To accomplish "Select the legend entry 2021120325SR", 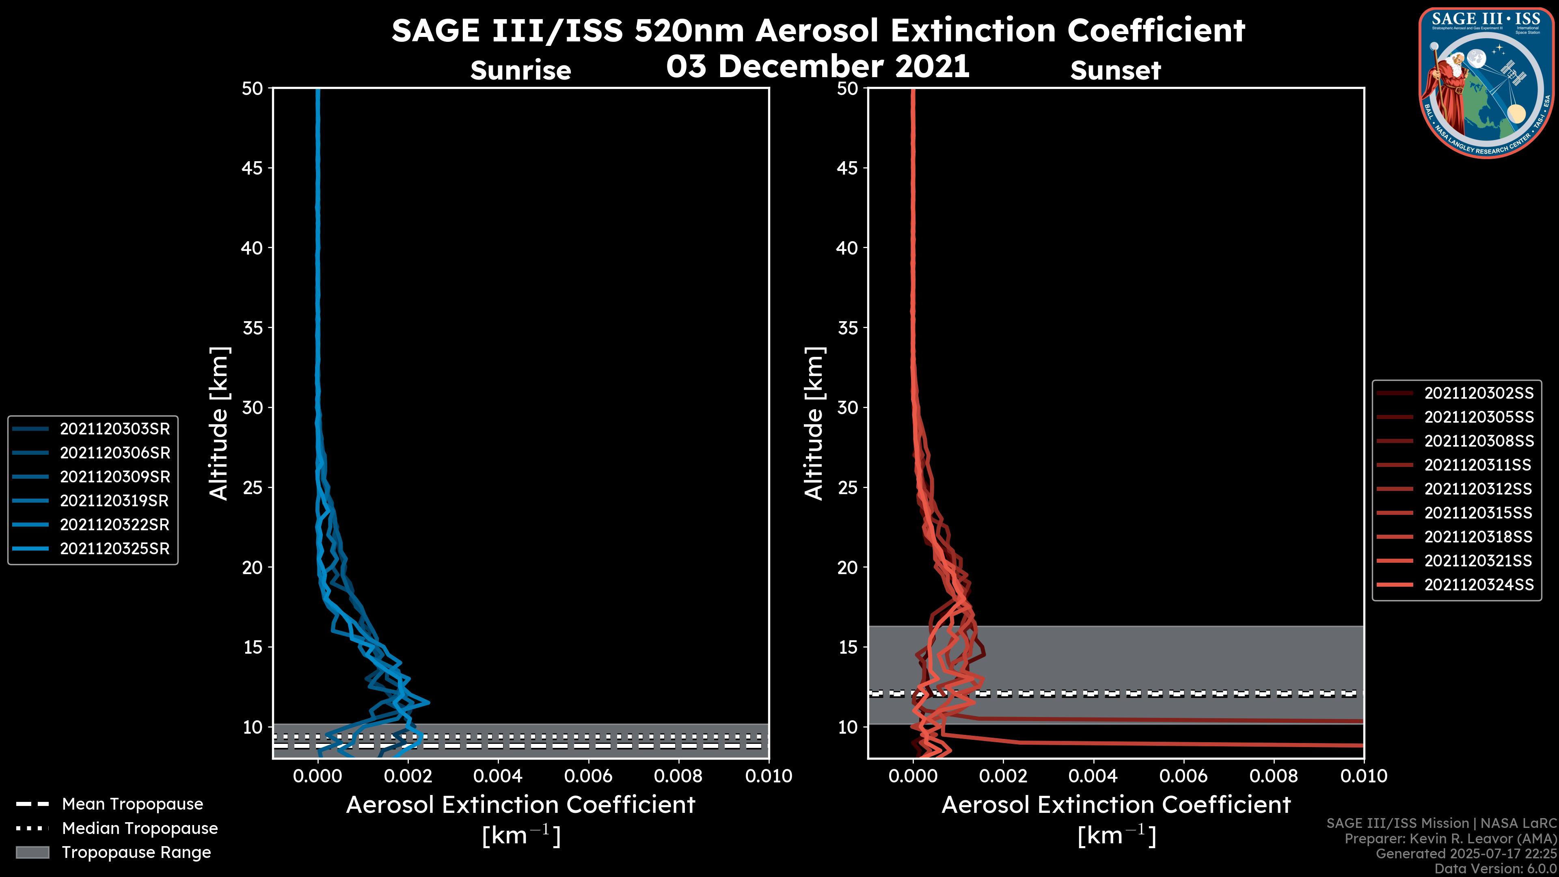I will pyautogui.click(x=114, y=549).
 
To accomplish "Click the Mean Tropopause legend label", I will pyautogui.click(x=132, y=804).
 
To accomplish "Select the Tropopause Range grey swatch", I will pyautogui.click(x=32, y=853).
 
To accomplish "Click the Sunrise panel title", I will pyautogui.click(x=520, y=71).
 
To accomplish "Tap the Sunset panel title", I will pyautogui.click(x=1115, y=71).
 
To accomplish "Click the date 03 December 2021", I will pyautogui.click(x=818, y=66).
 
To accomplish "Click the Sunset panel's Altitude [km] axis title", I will pyautogui.click(x=814, y=423).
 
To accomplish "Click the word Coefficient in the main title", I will pyautogui.click(x=1156, y=30).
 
